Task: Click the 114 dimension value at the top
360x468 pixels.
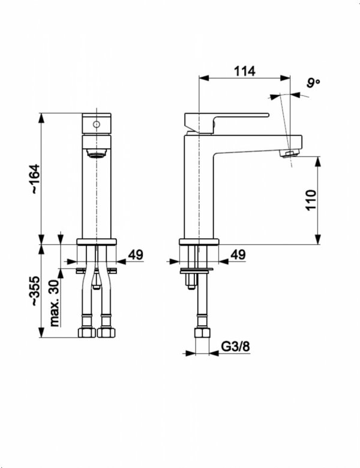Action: [x=245, y=71]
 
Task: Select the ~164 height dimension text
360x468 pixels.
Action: [x=35, y=178]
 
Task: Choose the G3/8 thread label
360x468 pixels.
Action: [x=236, y=347]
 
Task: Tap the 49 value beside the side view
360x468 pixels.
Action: [x=238, y=255]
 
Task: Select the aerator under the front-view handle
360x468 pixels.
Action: [x=95, y=154]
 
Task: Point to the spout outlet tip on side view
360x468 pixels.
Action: [x=290, y=155]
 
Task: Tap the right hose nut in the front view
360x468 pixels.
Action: [x=107, y=332]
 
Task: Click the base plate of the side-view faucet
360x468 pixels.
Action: [x=199, y=242]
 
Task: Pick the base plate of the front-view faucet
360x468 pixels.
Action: [x=96, y=242]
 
